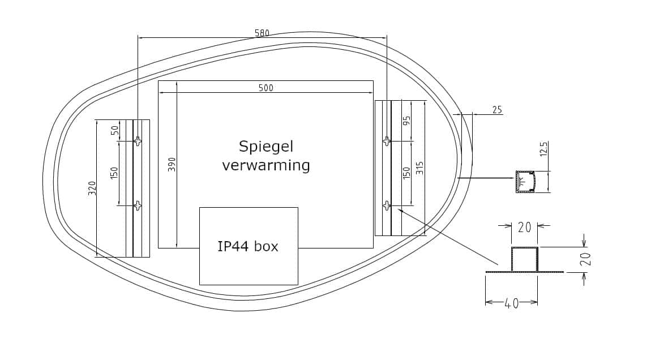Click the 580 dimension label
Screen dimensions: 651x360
[262, 33]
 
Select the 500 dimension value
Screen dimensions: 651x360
[265, 88]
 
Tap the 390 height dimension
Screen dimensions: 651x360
[172, 164]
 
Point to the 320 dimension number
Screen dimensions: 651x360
[92, 188]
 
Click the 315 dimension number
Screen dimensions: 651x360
[419, 168]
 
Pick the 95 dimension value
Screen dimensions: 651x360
[407, 121]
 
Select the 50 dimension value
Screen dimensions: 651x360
[114, 130]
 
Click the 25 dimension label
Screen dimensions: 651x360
[497, 110]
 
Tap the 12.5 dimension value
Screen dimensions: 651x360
[545, 149]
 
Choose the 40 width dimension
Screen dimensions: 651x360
[512, 303]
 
